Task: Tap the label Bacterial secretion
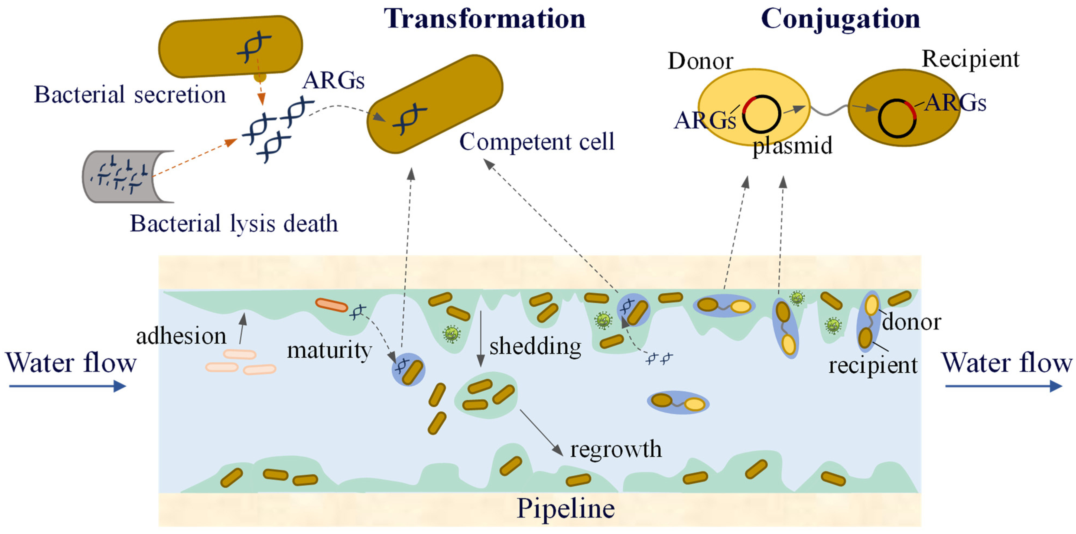(x=130, y=94)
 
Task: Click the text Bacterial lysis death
(x=234, y=224)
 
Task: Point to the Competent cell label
(x=537, y=142)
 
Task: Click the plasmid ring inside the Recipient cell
(x=897, y=119)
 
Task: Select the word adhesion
(x=181, y=336)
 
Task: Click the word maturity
(x=329, y=350)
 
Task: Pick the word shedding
(x=535, y=346)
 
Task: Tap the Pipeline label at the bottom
(x=565, y=509)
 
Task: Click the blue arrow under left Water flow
(x=67, y=386)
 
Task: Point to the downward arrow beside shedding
(x=481, y=338)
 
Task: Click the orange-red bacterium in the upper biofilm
(x=331, y=305)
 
